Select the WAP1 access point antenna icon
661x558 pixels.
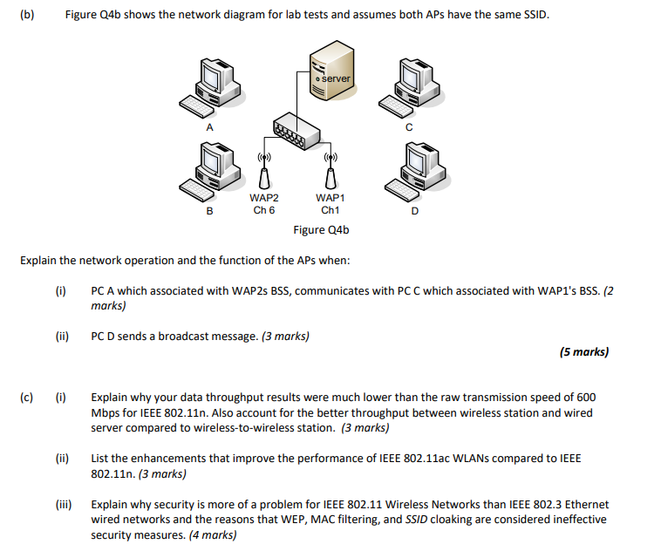330,174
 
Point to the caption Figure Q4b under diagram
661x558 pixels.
321,230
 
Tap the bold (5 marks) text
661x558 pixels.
583,352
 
